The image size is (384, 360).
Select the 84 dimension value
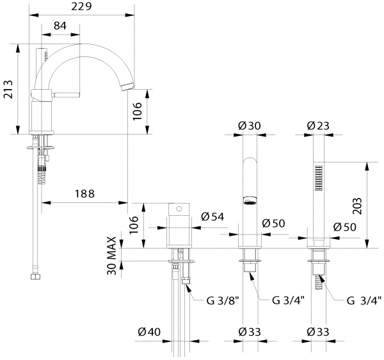click(60, 26)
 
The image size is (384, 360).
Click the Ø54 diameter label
click(211, 217)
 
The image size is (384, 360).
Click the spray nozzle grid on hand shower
click(317, 177)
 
